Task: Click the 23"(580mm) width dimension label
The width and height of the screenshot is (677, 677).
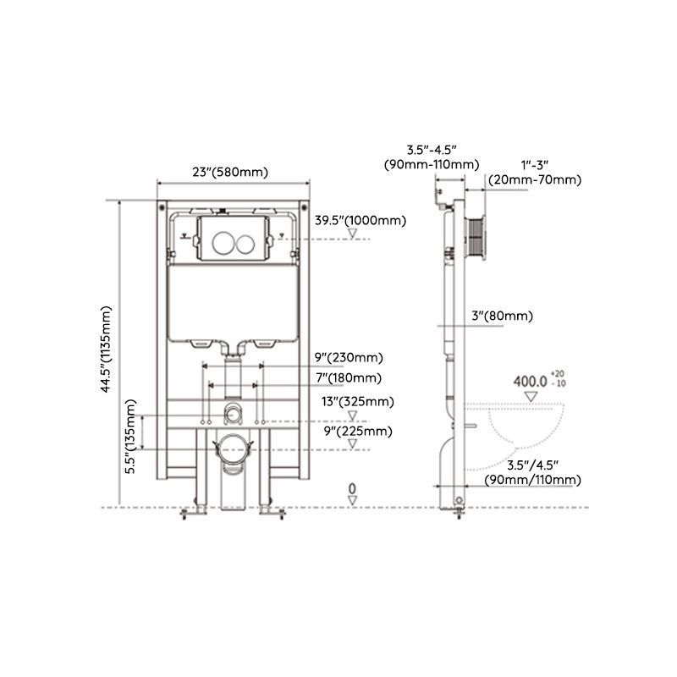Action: click(229, 172)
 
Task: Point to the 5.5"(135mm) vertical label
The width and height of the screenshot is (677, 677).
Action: click(131, 438)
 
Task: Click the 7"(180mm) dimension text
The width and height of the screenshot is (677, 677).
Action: click(348, 377)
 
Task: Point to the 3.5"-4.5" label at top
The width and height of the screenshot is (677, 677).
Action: click(430, 156)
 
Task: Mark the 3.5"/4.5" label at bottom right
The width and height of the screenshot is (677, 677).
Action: click(532, 472)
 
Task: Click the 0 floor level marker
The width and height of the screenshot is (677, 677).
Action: click(352, 488)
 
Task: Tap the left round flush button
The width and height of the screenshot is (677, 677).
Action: click(223, 244)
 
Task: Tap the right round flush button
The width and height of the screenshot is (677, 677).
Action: click(245, 244)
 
